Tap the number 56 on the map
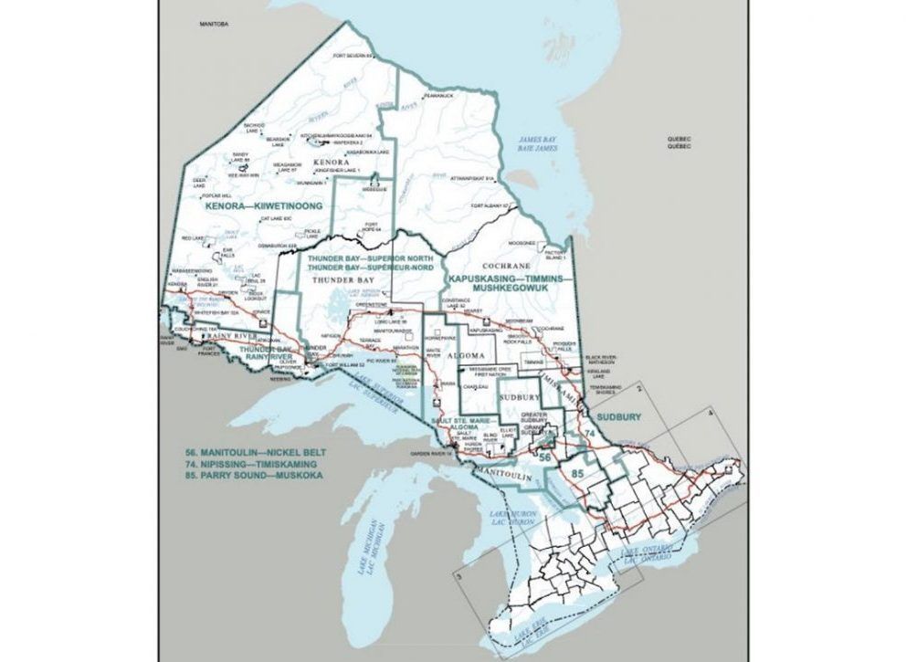[545, 455]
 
